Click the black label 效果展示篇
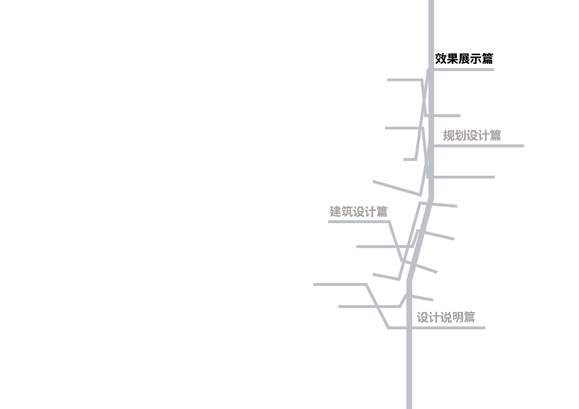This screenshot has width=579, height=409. (x=464, y=59)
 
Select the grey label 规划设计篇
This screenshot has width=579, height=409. (x=472, y=136)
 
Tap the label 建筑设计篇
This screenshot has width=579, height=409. (x=358, y=212)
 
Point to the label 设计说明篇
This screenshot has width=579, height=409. (x=446, y=317)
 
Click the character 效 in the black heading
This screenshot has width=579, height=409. (x=441, y=59)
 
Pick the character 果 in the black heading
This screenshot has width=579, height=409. (x=452, y=59)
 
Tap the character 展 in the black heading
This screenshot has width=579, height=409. (x=464, y=59)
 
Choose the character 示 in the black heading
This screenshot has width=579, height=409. (x=476, y=59)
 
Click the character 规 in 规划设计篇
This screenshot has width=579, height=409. (x=449, y=136)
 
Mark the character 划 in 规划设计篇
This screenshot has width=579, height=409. (x=460, y=136)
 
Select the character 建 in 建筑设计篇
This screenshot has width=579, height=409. (x=336, y=212)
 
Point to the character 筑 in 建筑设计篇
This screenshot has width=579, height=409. (x=347, y=212)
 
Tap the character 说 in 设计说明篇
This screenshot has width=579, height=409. (x=446, y=317)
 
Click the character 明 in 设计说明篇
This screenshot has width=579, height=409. (x=457, y=317)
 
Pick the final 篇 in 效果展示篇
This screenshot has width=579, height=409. (x=487, y=59)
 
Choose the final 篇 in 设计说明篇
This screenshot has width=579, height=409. (x=469, y=317)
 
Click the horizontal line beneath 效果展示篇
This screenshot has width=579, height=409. (x=464, y=69)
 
